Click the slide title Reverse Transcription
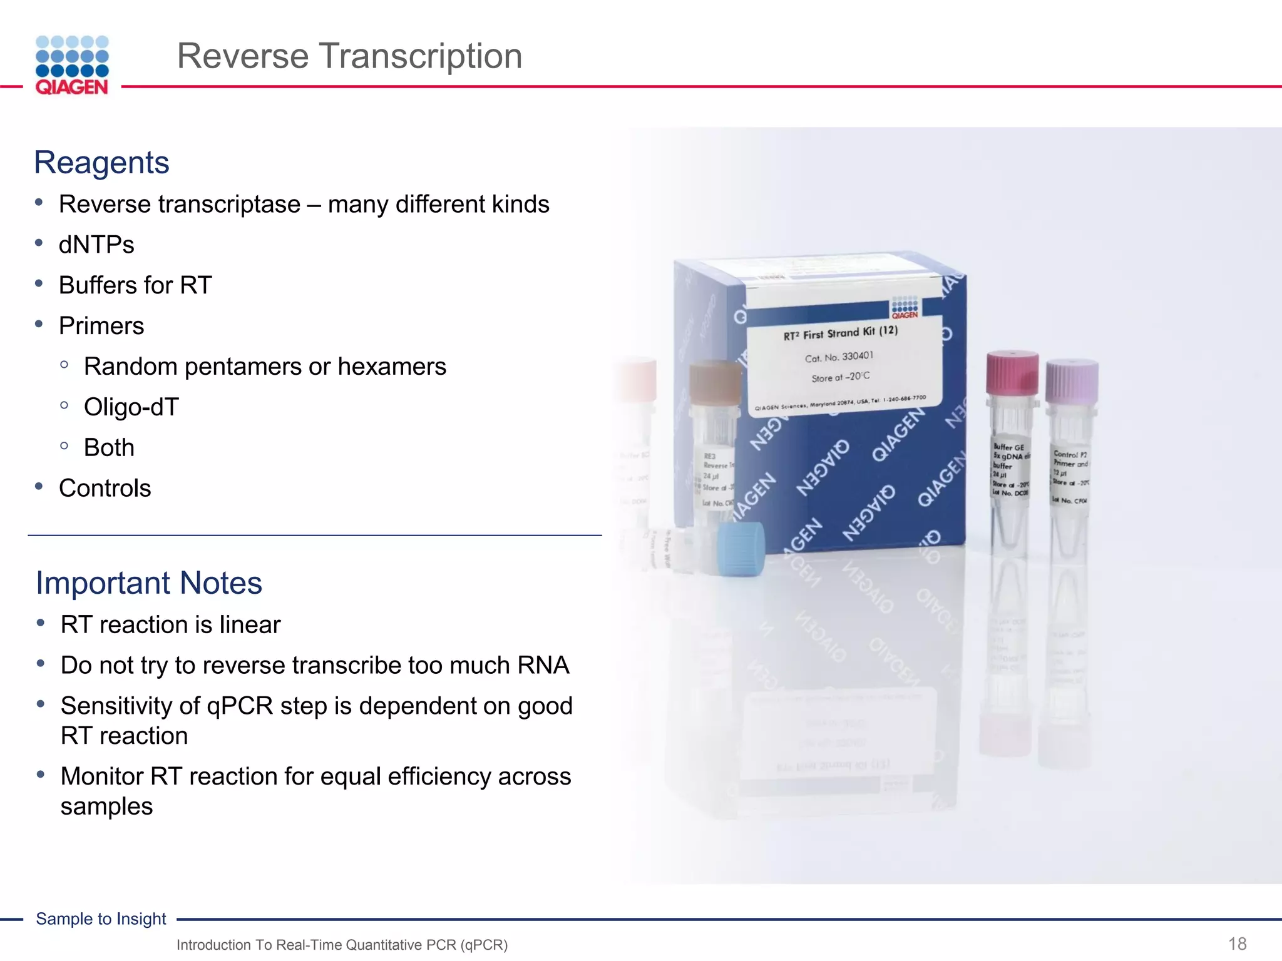(x=349, y=56)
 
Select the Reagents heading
(x=101, y=163)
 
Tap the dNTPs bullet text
(x=96, y=245)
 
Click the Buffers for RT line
(x=135, y=285)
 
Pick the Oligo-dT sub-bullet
(x=131, y=407)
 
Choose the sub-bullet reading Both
(x=109, y=448)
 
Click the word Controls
(x=105, y=489)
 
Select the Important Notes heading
(x=149, y=583)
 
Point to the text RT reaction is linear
(x=170, y=625)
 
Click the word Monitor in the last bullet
(x=102, y=776)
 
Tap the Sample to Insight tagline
(x=101, y=919)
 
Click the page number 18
(x=1237, y=943)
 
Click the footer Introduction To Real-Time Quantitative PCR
(x=342, y=945)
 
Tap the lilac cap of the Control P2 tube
(x=1072, y=380)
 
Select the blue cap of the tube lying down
(x=741, y=549)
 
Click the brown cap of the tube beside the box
(x=715, y=382)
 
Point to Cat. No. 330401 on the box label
(x=839, y=357)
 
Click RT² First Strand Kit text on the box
(x=840, y=333)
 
